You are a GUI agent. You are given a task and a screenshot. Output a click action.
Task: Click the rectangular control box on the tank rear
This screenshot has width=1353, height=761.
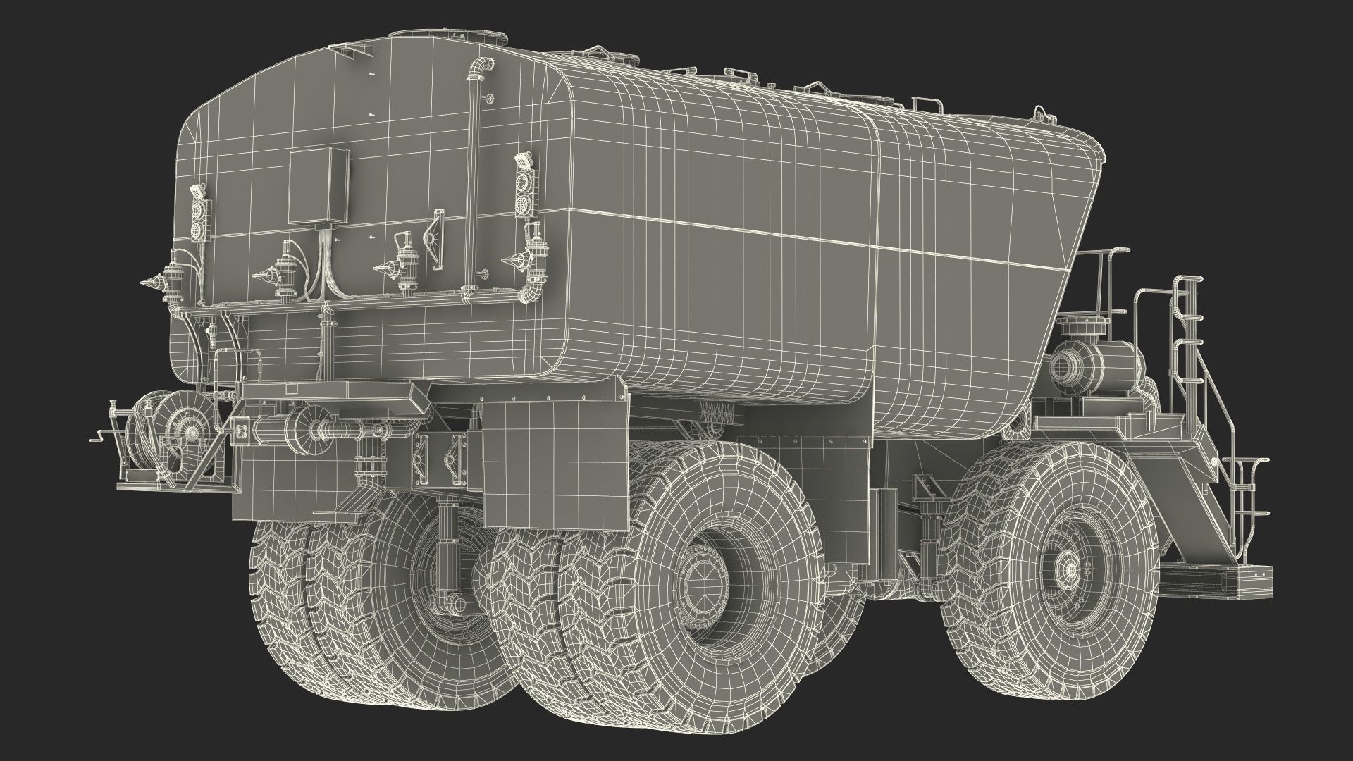tap(319, 186)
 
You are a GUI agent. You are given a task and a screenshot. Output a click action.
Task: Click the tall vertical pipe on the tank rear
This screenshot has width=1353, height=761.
tap(471, 176)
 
